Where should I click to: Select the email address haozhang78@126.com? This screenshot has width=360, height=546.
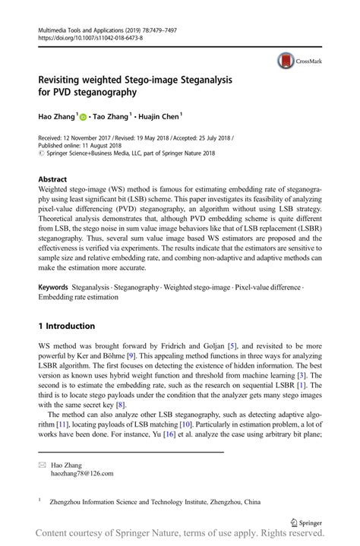click(82, 473)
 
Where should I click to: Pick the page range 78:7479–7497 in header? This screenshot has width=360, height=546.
click(166, 26)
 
